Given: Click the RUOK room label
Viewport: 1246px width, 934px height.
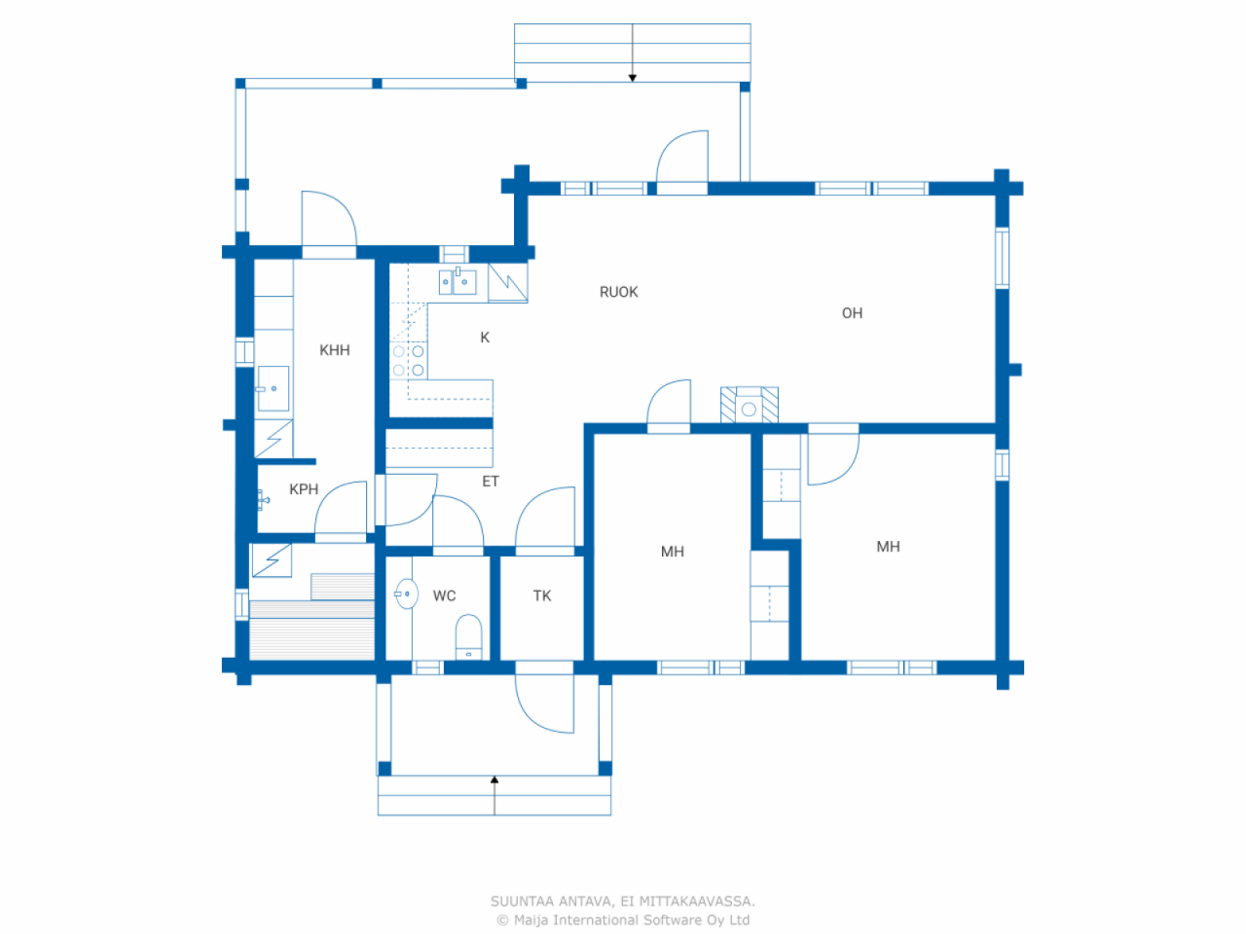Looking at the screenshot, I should (618, 292).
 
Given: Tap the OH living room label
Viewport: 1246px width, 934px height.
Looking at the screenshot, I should (852, 313).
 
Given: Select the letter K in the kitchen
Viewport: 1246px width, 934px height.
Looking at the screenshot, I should (485, 338).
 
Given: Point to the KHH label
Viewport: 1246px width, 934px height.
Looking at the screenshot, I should (334, 350).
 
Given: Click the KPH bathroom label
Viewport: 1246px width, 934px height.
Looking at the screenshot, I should (304, 489).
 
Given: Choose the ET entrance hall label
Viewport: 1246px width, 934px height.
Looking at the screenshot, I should (491, 482).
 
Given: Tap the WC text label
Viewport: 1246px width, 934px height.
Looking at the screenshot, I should (444, 595).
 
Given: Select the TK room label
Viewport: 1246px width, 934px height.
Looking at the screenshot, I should (542, 595).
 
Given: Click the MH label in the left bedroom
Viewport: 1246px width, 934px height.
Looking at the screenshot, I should (672, 552).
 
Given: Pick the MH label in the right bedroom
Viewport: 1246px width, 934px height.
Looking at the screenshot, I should (888, 547).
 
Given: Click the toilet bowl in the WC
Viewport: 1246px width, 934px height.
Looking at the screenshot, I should (469, 636).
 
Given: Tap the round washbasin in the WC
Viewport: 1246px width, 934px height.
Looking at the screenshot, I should (407, 593).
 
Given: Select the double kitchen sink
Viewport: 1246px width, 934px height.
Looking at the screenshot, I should (458, 281).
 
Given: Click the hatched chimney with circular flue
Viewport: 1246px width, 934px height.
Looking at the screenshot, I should (749, 406).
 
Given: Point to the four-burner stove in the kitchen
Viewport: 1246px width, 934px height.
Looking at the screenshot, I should (408, 360).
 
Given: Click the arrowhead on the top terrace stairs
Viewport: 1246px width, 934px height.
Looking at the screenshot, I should (633, 78).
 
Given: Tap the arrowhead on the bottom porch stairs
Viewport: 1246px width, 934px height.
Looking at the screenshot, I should (495, 779).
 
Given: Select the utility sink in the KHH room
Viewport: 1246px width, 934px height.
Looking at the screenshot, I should (274, 388).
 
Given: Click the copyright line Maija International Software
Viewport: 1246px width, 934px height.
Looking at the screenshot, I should (623, 920).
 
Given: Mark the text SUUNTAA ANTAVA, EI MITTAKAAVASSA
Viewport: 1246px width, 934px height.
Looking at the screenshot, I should (623, 902).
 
